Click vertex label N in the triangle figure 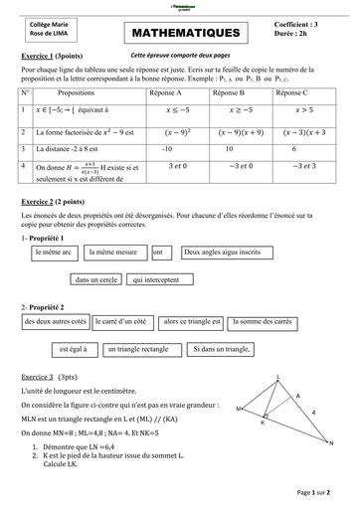point(329,443)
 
